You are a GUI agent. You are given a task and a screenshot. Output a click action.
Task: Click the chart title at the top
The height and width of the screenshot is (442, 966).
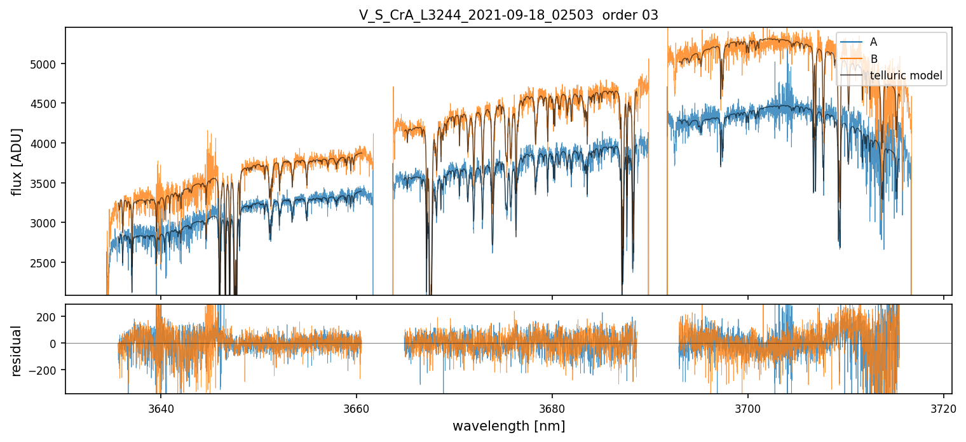pyautogui.click(x=508, y=15)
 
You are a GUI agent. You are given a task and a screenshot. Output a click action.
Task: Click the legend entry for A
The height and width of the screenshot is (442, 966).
pyautogui.click(x=873, y=42)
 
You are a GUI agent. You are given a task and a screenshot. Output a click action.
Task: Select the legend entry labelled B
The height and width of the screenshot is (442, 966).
pyautogui.click(x=874, y=59)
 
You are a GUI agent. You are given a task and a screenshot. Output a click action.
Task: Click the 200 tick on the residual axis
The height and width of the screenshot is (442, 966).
pyautogui.click(x=51, y=316)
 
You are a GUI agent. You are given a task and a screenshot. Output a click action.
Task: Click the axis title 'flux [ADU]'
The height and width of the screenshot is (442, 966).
pyautogui.click(x=17, y=161)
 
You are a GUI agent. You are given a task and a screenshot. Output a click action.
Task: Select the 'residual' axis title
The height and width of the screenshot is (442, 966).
pyautogui.click(x=17, y=351)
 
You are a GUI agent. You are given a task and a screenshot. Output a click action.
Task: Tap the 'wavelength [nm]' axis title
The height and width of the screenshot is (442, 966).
pyautogui.click(x=508, y=425)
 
